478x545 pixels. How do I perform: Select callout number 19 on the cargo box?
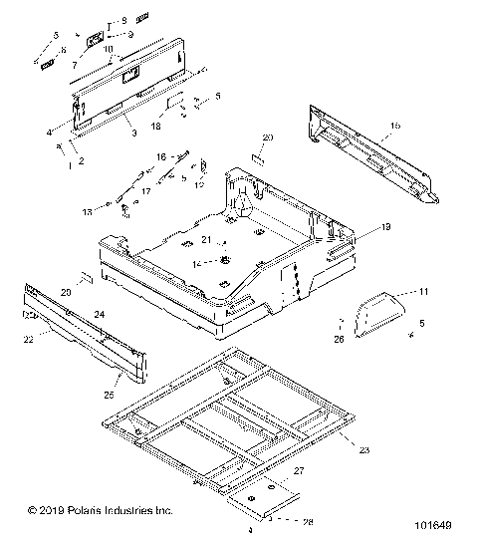pyautogui.click(x=358, y=228)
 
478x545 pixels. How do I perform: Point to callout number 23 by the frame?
pyautogui.click(x=364, y=451)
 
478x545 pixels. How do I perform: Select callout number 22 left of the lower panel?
pyautogui.click(x=29, y=340)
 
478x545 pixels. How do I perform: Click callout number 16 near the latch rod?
pyautogui.click(x=161, y=156)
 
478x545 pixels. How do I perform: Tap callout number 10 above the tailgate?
pyautogui.click(x=109, y=48)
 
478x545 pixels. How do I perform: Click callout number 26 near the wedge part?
pyautogui.click(x=340, y=340)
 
